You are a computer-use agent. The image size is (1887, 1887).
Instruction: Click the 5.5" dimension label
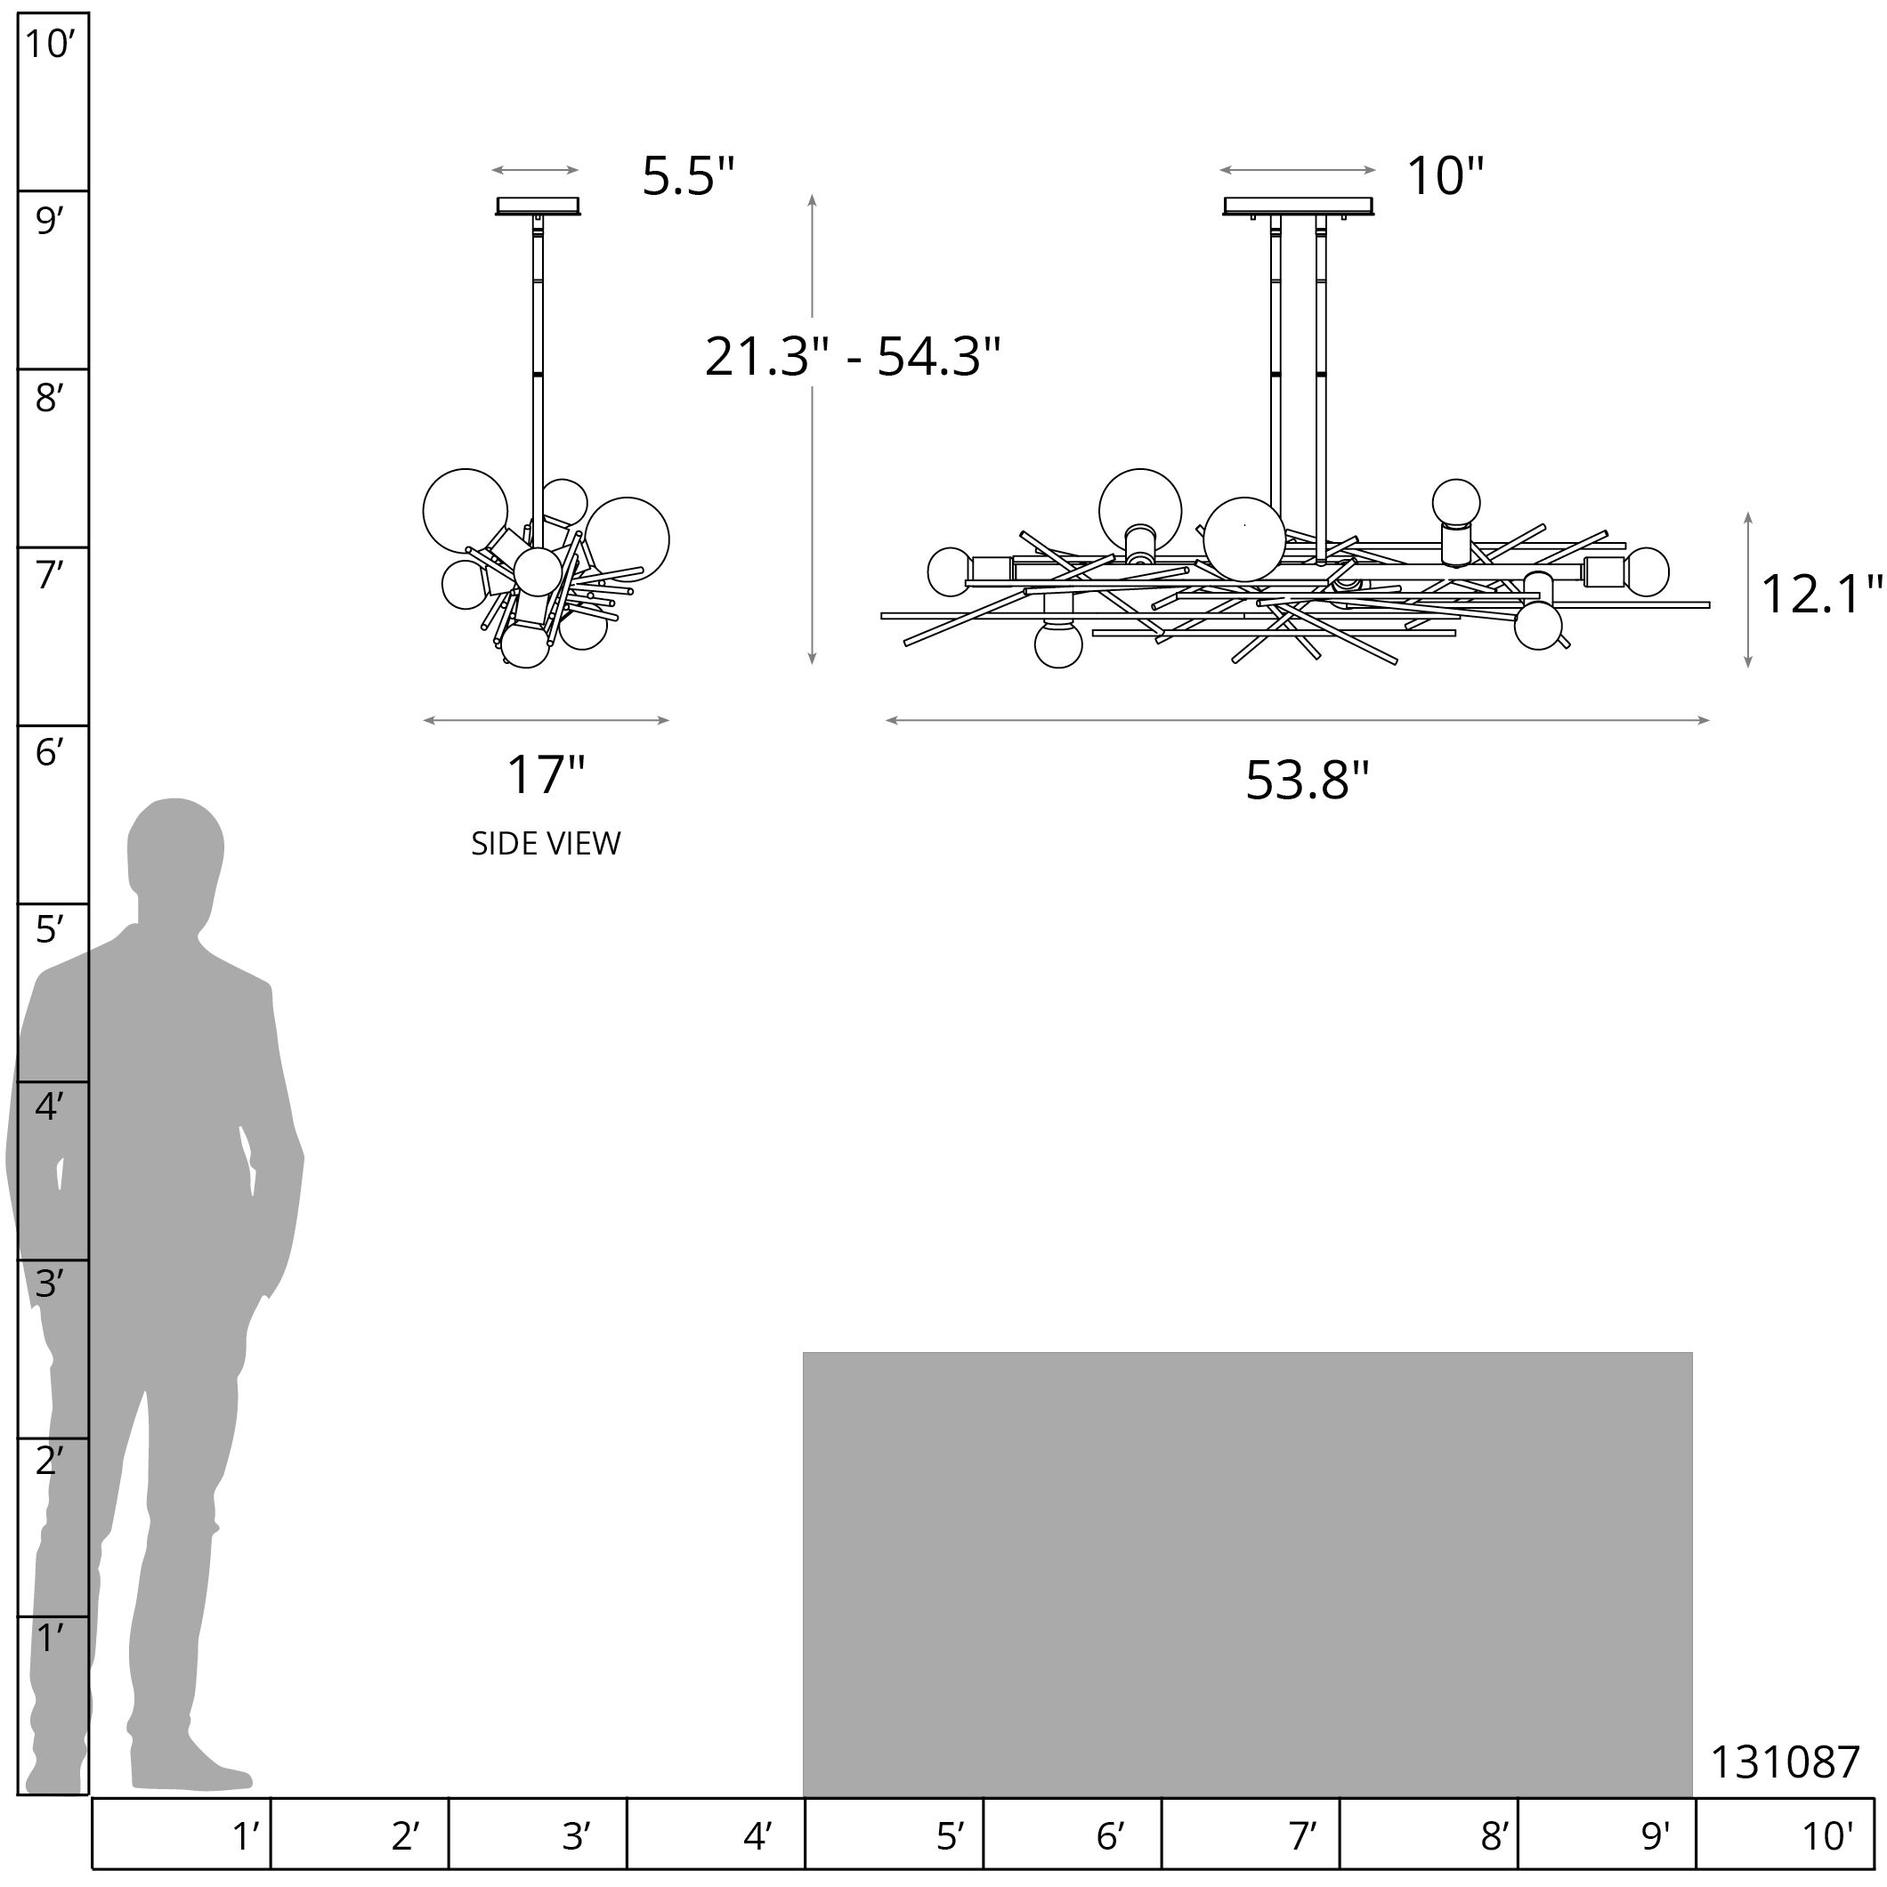click(688, 177)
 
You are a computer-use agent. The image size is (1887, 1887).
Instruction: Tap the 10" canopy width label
click(1444, 177)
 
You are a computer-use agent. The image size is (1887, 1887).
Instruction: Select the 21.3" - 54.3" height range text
click(853, 357)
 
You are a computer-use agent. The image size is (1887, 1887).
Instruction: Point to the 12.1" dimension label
click(1819, 594)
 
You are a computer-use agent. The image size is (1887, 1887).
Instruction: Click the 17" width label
click(545, 774)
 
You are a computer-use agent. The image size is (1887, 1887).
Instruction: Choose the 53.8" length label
click(1307, 780)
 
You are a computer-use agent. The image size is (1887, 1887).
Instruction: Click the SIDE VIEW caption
click(545, 844)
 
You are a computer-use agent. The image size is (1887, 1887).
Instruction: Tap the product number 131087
click(1785, 1763)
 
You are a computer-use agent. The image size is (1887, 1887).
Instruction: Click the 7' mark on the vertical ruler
click(49, 575)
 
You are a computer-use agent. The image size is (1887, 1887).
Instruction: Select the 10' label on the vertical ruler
click(49, 44)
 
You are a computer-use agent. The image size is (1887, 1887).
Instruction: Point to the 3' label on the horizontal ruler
click(576, 1836)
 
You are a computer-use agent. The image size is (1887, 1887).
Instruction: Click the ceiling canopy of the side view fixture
click(539, 207)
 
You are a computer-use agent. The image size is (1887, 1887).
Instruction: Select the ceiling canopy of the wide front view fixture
click(1299, 207)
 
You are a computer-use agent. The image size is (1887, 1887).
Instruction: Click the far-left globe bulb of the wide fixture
click(950, 571)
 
